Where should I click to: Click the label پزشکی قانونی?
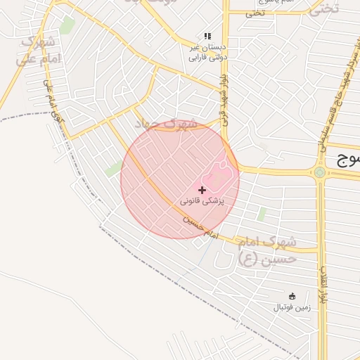(x=202, y=201)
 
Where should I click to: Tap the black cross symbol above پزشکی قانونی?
(x=202, y=190)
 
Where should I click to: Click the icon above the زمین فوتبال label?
(x=292, y=296)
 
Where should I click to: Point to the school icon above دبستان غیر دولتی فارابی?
(x=207, y=36)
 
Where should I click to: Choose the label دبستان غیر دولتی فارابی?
(x=207, y=52)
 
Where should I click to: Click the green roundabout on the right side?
(x=320, y=172)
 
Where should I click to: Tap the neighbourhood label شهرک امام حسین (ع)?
(x=267, y=250)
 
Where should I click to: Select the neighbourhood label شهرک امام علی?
(x=37, y=53)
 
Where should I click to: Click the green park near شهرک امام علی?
(x=67, y=26)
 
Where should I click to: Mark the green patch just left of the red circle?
(x=113, y=169)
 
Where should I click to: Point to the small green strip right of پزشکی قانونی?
(x=262, y=214)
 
